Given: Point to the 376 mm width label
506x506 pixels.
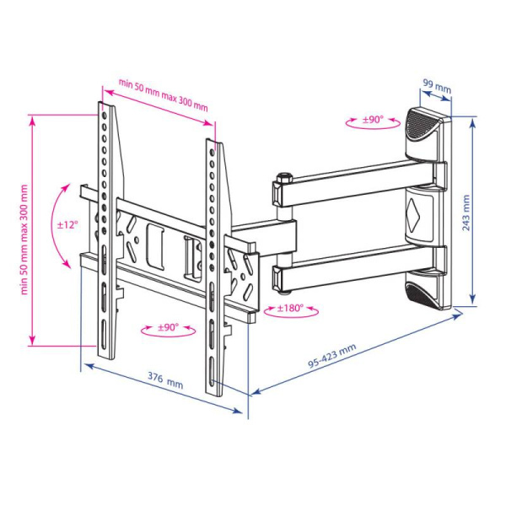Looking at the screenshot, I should [x=166, y=384].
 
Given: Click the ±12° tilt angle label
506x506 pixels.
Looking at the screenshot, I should [x=67, y=225].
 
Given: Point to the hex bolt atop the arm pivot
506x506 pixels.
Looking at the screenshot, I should [x=282, y=178].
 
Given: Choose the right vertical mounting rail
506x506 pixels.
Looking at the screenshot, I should [x=216, y=261].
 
